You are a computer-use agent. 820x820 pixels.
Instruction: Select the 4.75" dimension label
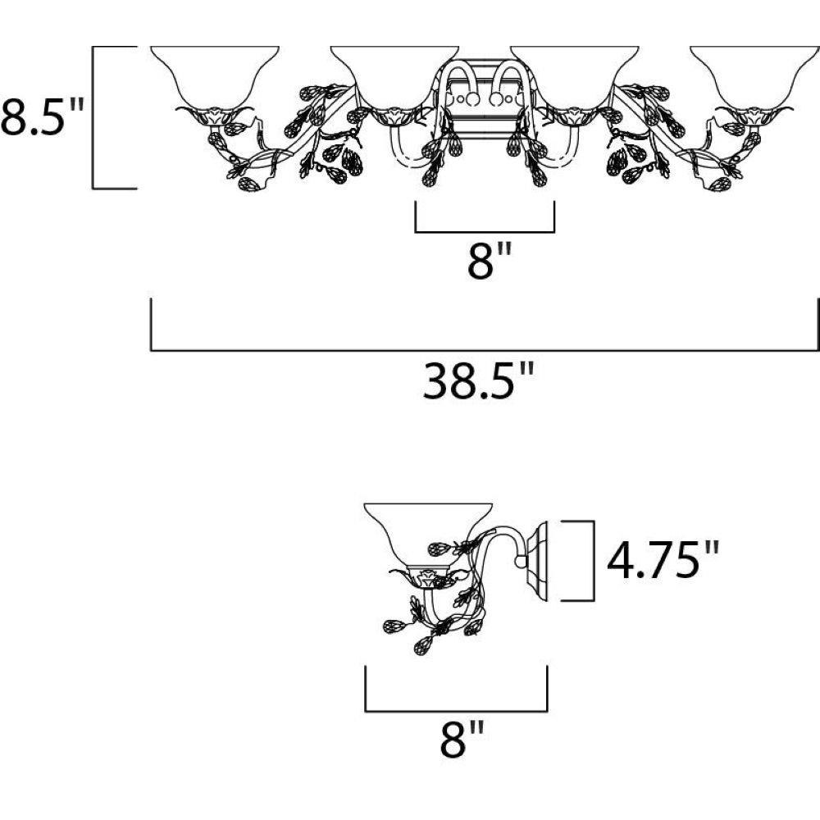[x=663, y=560]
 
